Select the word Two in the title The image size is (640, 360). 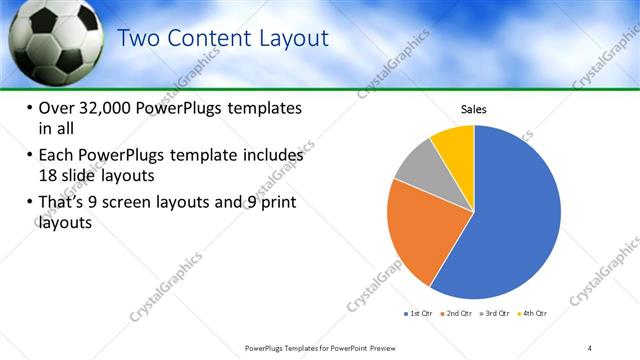click(x=142, y=39)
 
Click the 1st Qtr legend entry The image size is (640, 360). click(x=420, y=313)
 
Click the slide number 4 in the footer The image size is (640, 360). click(x=589, y=347)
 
